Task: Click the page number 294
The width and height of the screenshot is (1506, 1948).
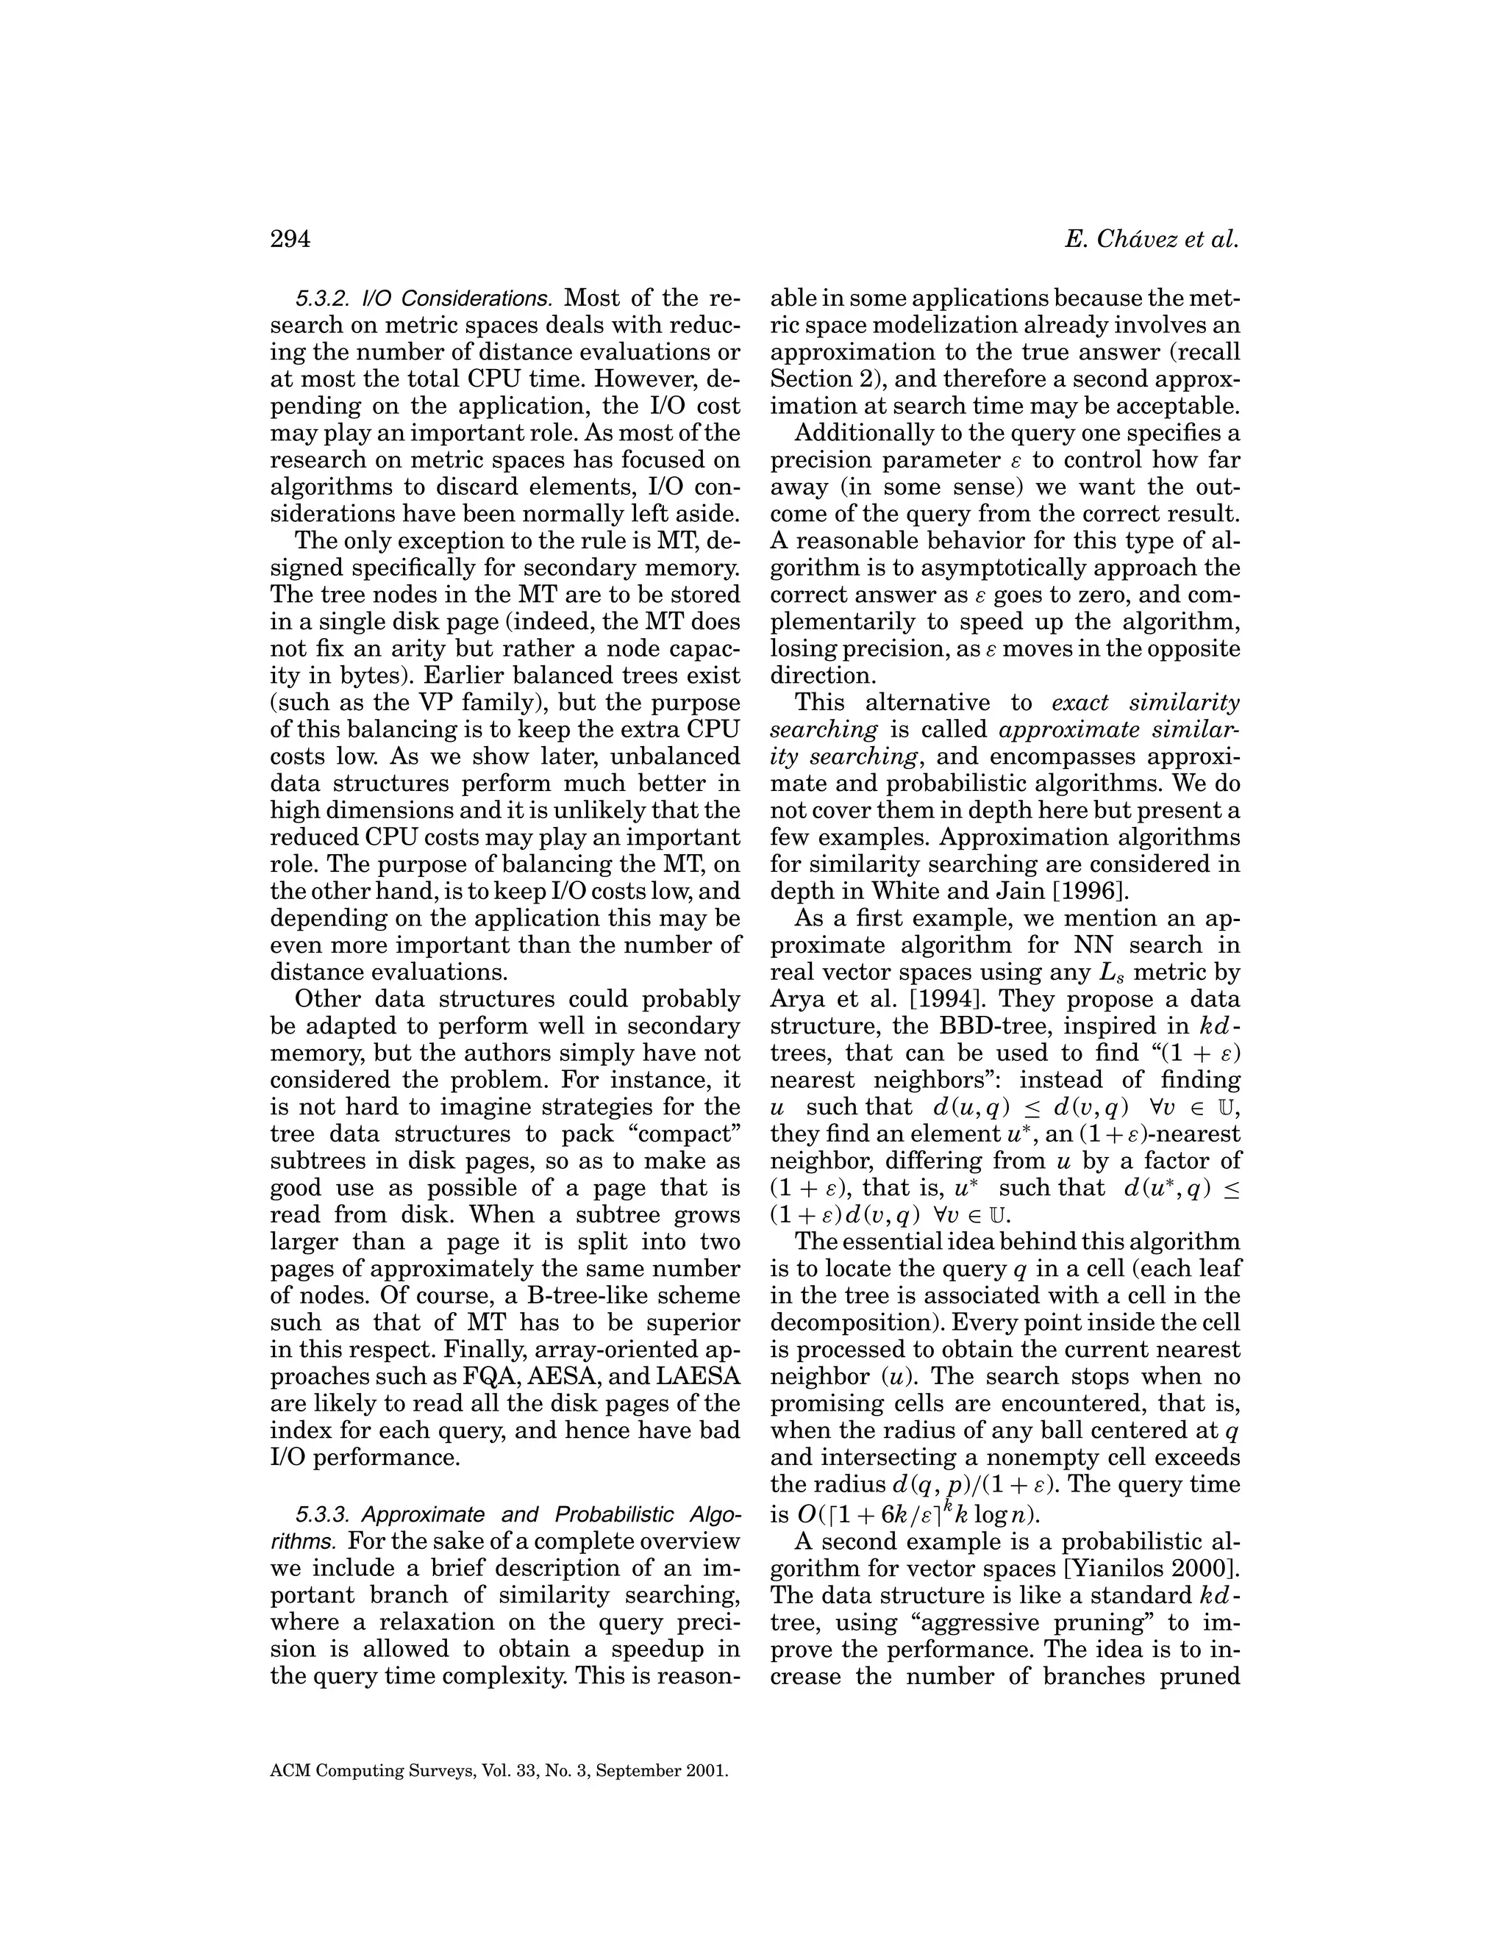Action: point(289,240)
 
